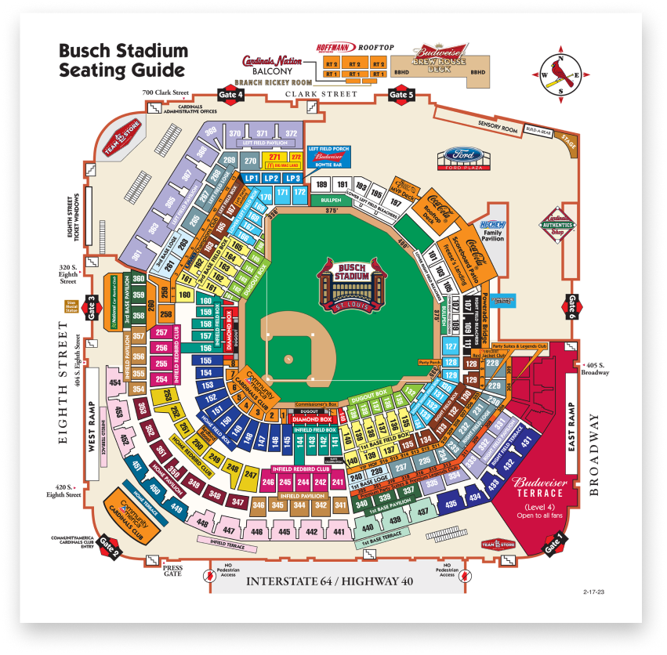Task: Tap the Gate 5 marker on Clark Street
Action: tap(401, 94)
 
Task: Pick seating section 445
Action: tap(285, 533)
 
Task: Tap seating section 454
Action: tap(115, 382)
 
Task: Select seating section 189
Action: tap(321, 185)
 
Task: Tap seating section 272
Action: tap(295, 157)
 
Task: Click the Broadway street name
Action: tap(594, 454)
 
